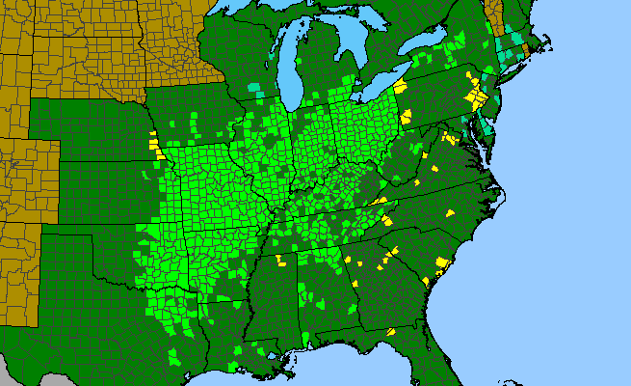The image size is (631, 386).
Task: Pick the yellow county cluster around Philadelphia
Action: pos(473,96)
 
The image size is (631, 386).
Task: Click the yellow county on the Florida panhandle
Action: pos(392,331)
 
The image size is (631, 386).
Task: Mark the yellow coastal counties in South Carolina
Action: pos(442,262)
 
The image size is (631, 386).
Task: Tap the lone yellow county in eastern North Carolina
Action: pos(449,213)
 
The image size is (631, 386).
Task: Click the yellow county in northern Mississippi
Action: pos(282,260)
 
